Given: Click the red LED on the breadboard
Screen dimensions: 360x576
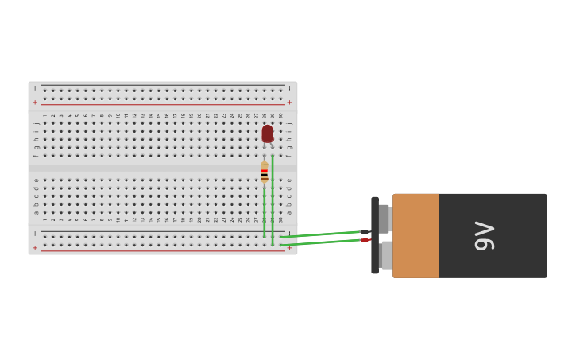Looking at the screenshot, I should pos(267,134).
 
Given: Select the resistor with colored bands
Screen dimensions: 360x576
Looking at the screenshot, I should pos(265,172).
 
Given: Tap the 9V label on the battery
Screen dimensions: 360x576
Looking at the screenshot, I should pos(484,236).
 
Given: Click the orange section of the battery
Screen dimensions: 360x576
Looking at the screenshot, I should pos(416,236).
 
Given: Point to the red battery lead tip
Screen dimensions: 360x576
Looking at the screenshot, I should pos(365,240).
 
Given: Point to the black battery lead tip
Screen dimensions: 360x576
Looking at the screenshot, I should pos(365,232).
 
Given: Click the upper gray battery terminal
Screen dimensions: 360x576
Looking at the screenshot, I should pos(385,219).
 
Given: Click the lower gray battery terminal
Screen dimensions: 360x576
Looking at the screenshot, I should pos(385,256).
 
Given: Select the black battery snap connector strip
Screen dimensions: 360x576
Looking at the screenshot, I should pos(375,236).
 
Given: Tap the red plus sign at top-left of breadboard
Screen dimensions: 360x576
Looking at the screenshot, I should pos(35,103).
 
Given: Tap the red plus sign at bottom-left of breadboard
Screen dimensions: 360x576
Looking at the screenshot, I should pos(35,248).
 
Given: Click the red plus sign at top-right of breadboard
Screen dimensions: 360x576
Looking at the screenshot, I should pos(289,103).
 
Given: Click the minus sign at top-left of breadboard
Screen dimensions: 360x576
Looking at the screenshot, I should pos(35,88).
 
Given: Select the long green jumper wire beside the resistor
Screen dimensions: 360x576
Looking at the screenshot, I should pos(273,199).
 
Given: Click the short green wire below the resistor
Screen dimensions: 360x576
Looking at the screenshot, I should pos(265,213).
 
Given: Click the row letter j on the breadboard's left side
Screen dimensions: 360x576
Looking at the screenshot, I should pos(36,123).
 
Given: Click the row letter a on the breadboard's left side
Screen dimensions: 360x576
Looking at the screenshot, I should pos(36,212).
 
